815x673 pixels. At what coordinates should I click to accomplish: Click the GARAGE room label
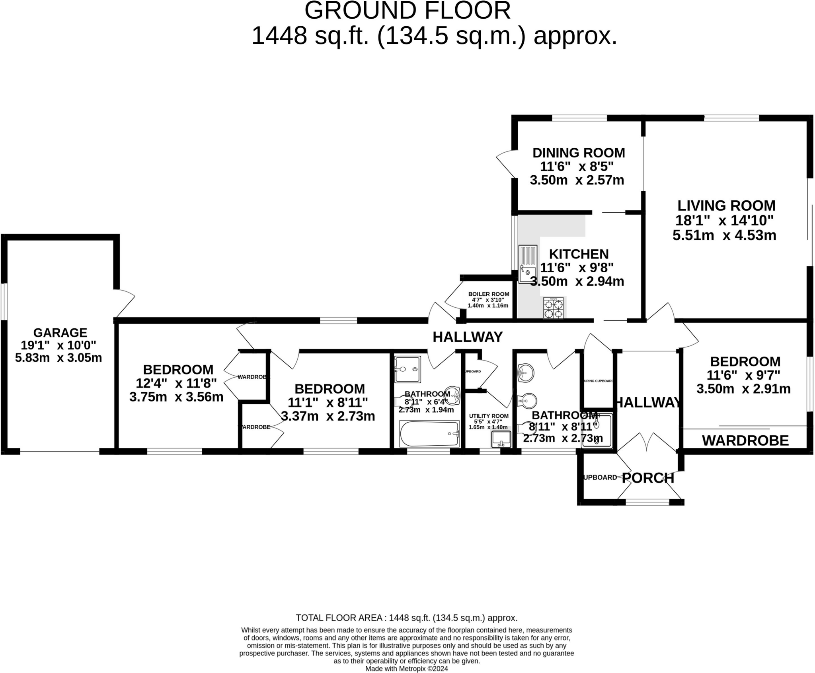coord(60,332)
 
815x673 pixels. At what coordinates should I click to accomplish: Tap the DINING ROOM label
coord(579,153)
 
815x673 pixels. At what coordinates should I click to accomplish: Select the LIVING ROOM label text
coord(726,206)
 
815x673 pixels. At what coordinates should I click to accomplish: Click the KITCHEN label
coord(579,254)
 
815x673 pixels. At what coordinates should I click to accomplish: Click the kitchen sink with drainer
coord(527,264)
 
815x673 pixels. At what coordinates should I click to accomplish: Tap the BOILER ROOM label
coord(489,294)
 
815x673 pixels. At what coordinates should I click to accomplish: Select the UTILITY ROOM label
coord(489,416)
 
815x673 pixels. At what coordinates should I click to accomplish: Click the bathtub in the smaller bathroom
coord(429,434)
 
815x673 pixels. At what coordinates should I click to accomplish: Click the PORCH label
coord(648,478)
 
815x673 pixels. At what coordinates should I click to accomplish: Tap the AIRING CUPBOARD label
coord(598,381)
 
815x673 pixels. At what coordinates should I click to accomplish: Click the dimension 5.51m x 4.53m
coord(724,235)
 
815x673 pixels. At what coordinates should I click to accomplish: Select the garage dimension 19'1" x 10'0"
coord(58,345)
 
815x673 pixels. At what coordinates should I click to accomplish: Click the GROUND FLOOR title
coord(407,11)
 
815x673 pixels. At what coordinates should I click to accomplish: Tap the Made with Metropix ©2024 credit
coord(407,669)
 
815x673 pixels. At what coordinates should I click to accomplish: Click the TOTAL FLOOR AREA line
coord(406,618)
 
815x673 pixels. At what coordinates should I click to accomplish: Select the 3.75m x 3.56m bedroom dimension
coord(176,397)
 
